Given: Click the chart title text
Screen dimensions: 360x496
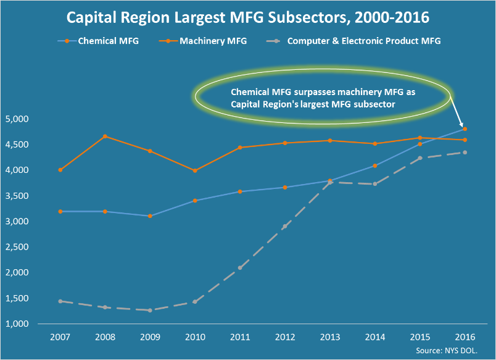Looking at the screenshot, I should (x=247, y=17).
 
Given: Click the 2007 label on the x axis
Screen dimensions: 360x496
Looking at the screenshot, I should (x=60, y=337).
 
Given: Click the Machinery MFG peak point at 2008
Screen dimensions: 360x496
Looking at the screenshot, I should (x=105, y=136).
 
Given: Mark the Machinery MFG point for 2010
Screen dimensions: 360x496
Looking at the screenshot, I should (x=195, y=170).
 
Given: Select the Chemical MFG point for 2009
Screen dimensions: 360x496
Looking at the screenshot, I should (x=150, y=216).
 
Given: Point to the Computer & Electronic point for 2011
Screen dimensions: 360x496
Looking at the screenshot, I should (x=240, y=267).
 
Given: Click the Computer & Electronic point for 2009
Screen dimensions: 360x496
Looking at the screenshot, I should (x=150, y=310).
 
